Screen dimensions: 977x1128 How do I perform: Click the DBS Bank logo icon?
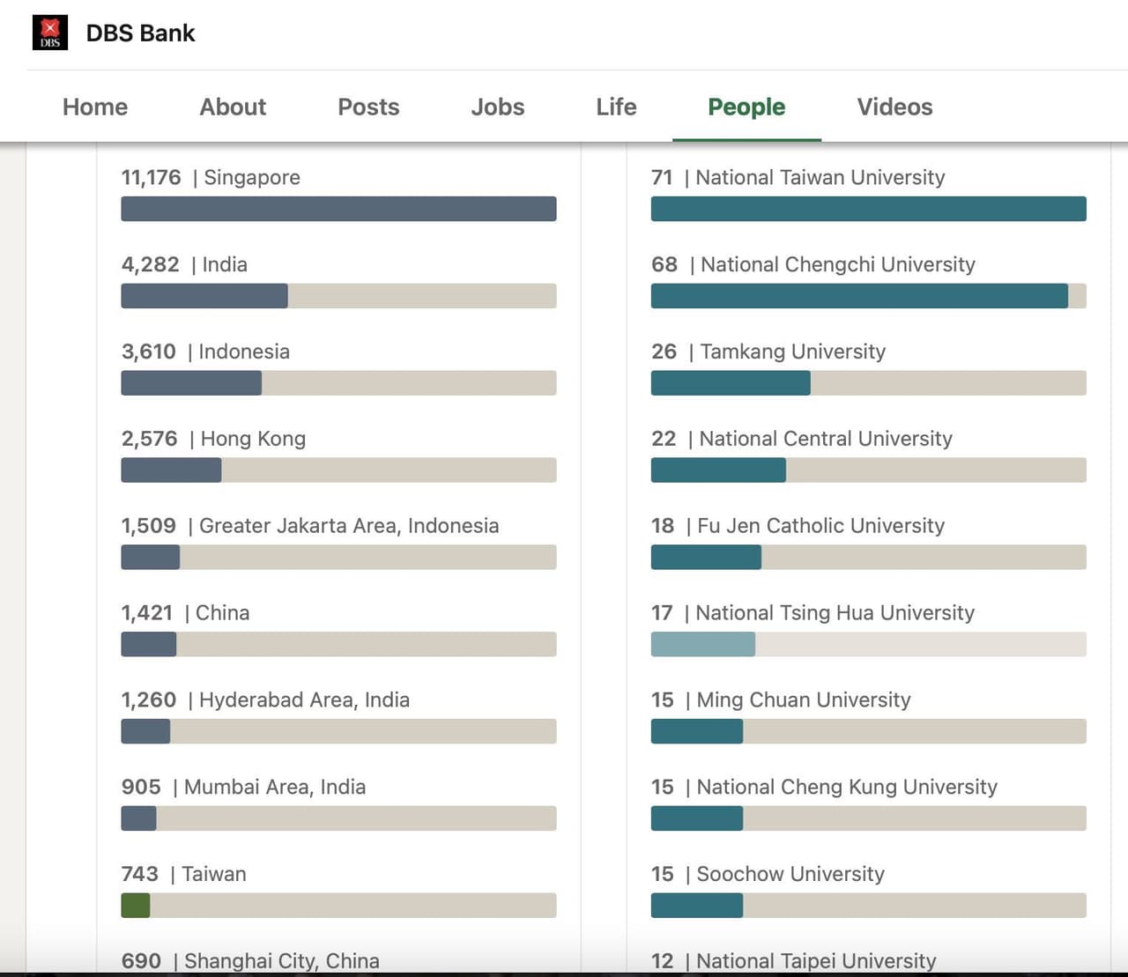point(50,33)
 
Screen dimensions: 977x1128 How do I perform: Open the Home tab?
point(95,107)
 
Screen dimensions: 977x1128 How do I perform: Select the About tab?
point(233,107)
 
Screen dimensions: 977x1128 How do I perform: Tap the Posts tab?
point(368,107)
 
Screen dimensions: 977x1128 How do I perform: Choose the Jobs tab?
point(497,107)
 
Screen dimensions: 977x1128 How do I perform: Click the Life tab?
point(616,107)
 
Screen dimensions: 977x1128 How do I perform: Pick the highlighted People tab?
point(746,107)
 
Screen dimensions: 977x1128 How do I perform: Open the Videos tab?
point(894,107)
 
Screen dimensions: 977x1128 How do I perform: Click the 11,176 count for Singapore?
point(151,177)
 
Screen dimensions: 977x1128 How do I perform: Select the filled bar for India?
point(204,296)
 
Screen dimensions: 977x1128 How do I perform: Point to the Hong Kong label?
point(253,439)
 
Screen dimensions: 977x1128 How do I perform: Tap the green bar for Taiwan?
point(136,906)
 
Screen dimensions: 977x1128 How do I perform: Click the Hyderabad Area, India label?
point(304,699)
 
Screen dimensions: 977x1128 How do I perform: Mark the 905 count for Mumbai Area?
point(141,787)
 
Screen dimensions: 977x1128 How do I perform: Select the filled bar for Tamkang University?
point(731,383)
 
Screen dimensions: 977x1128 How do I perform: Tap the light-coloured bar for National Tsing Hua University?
point(703,644)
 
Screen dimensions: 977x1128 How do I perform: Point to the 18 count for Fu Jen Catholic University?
point(663,526)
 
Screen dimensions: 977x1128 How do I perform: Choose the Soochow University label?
point(790,874)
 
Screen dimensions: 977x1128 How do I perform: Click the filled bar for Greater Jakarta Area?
point(151,558)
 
